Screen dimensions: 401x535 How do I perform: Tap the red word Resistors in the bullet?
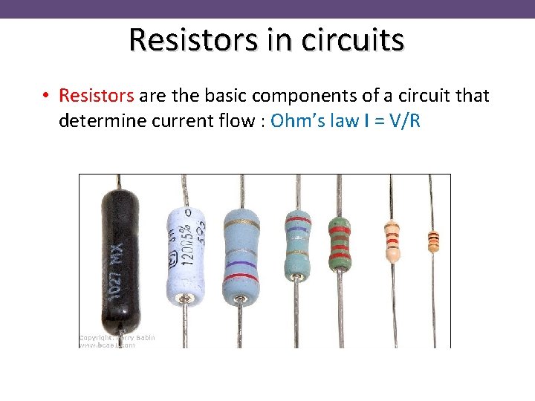(97, 96)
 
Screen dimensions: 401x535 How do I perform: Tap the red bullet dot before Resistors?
(46, 96)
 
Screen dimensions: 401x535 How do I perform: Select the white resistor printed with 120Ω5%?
(186, 252)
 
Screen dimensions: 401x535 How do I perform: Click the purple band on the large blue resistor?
(240, 262)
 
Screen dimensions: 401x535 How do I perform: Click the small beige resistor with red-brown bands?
(392, 241)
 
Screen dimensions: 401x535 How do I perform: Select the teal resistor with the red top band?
(298, 241)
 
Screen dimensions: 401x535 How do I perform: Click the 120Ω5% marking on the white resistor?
(185, 249)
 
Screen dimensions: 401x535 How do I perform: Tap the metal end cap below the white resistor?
(184, 299)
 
